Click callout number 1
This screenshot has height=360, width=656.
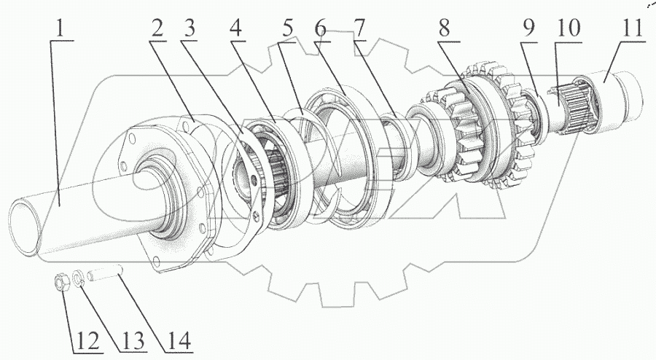pos(61,30)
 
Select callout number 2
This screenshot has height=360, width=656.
pos(157,30)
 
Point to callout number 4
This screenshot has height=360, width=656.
pos(235,30)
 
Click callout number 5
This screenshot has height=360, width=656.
pos(289,30)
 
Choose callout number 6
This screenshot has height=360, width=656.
pos(321,30)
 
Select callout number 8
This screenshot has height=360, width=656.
pos(444,30)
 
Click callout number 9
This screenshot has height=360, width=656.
pos(529,30)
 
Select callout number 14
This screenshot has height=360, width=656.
pos(177,340)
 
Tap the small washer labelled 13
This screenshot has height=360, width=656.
pos(79,278)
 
